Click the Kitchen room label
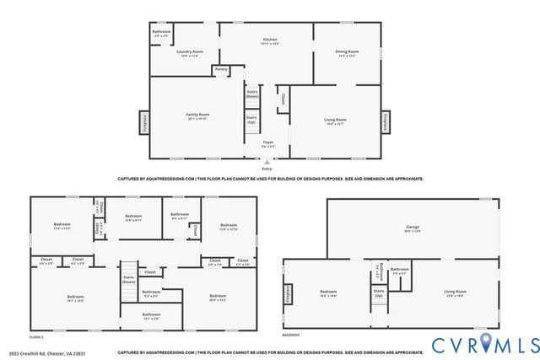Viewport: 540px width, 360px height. coord(269,40)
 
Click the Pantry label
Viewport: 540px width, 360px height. coord(221,69)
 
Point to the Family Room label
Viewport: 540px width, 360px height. coord(197,116)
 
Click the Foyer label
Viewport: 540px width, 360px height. coord(267,143)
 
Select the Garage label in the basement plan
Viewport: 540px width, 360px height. coord(412,228)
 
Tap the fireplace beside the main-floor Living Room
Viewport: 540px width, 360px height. coord(386,121)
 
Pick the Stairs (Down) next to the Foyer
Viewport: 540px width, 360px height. coord(251,94)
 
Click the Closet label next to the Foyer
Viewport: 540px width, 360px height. coord(282,99)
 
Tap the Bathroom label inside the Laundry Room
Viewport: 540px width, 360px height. coord(161,33)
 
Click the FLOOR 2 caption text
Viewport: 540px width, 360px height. coord(38,336)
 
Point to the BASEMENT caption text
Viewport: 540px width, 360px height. coord(291,336)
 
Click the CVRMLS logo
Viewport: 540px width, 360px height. coord(484,345)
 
